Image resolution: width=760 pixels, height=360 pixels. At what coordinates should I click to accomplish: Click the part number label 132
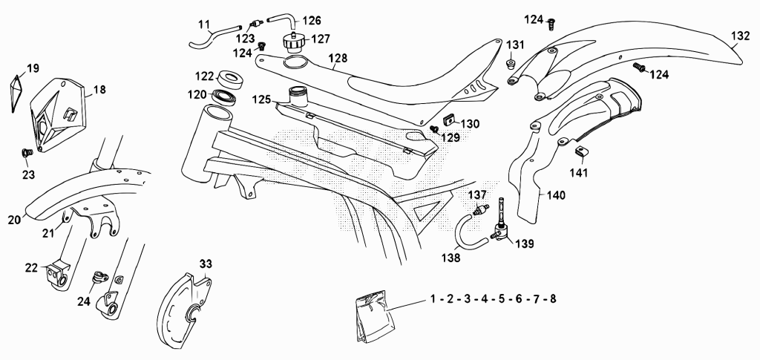pyautogui.click(x=740, y=36)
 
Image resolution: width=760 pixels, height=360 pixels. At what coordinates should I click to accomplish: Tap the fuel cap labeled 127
pyautogui.click(x=294, y=42)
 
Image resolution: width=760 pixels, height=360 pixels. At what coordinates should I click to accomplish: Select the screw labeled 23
pyautogui.click(x=27, y=153)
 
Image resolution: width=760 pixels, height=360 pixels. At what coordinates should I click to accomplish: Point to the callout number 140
pyautogui.click(x=556, y=195)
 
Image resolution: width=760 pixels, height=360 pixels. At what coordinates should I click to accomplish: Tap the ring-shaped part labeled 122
pyautogui.click(x=232, y=79)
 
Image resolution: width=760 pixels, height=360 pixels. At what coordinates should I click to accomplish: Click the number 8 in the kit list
pyautogui.click(x=553, y=299)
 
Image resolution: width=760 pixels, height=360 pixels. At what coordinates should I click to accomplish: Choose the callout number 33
pyautogui.click(x=206, y=264)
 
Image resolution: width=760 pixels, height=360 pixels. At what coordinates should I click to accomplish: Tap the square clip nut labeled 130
pyautogui.click(x=451, y=119)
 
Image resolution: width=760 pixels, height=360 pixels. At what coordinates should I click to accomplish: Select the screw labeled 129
pyautogui.click(x=434, y=129)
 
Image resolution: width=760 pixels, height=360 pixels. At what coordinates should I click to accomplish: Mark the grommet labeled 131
pyautogui.click(x=511, y=65)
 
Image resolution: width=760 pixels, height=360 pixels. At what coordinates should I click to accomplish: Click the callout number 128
pyautogui.click(x=338, y=58)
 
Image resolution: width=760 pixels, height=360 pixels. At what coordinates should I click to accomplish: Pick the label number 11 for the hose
pyautogui.click(x=205, y=24)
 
